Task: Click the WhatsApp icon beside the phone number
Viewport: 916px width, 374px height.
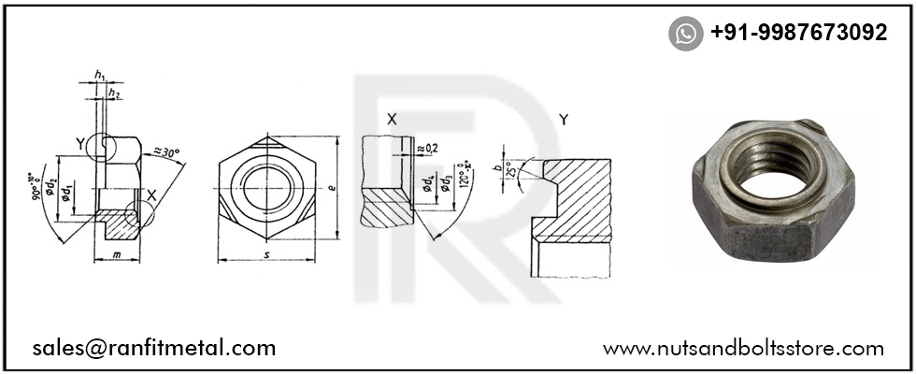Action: (686, 34)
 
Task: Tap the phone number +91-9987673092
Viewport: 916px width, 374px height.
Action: (798, 33)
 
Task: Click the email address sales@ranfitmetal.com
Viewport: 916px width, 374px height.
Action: (154, 348)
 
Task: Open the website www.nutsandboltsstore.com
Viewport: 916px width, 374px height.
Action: (743, 348)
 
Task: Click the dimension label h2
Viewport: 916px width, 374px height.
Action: (114, 93)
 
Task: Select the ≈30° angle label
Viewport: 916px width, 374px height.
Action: (167, 151)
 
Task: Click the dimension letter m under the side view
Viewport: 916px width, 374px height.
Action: (117, 254)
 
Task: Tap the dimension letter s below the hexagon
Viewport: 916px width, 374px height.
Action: (267, 254)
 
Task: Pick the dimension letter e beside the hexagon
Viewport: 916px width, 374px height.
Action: (333, 187)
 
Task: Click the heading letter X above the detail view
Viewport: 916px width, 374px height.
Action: (392, 120)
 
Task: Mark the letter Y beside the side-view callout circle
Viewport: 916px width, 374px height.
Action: (81, 143)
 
